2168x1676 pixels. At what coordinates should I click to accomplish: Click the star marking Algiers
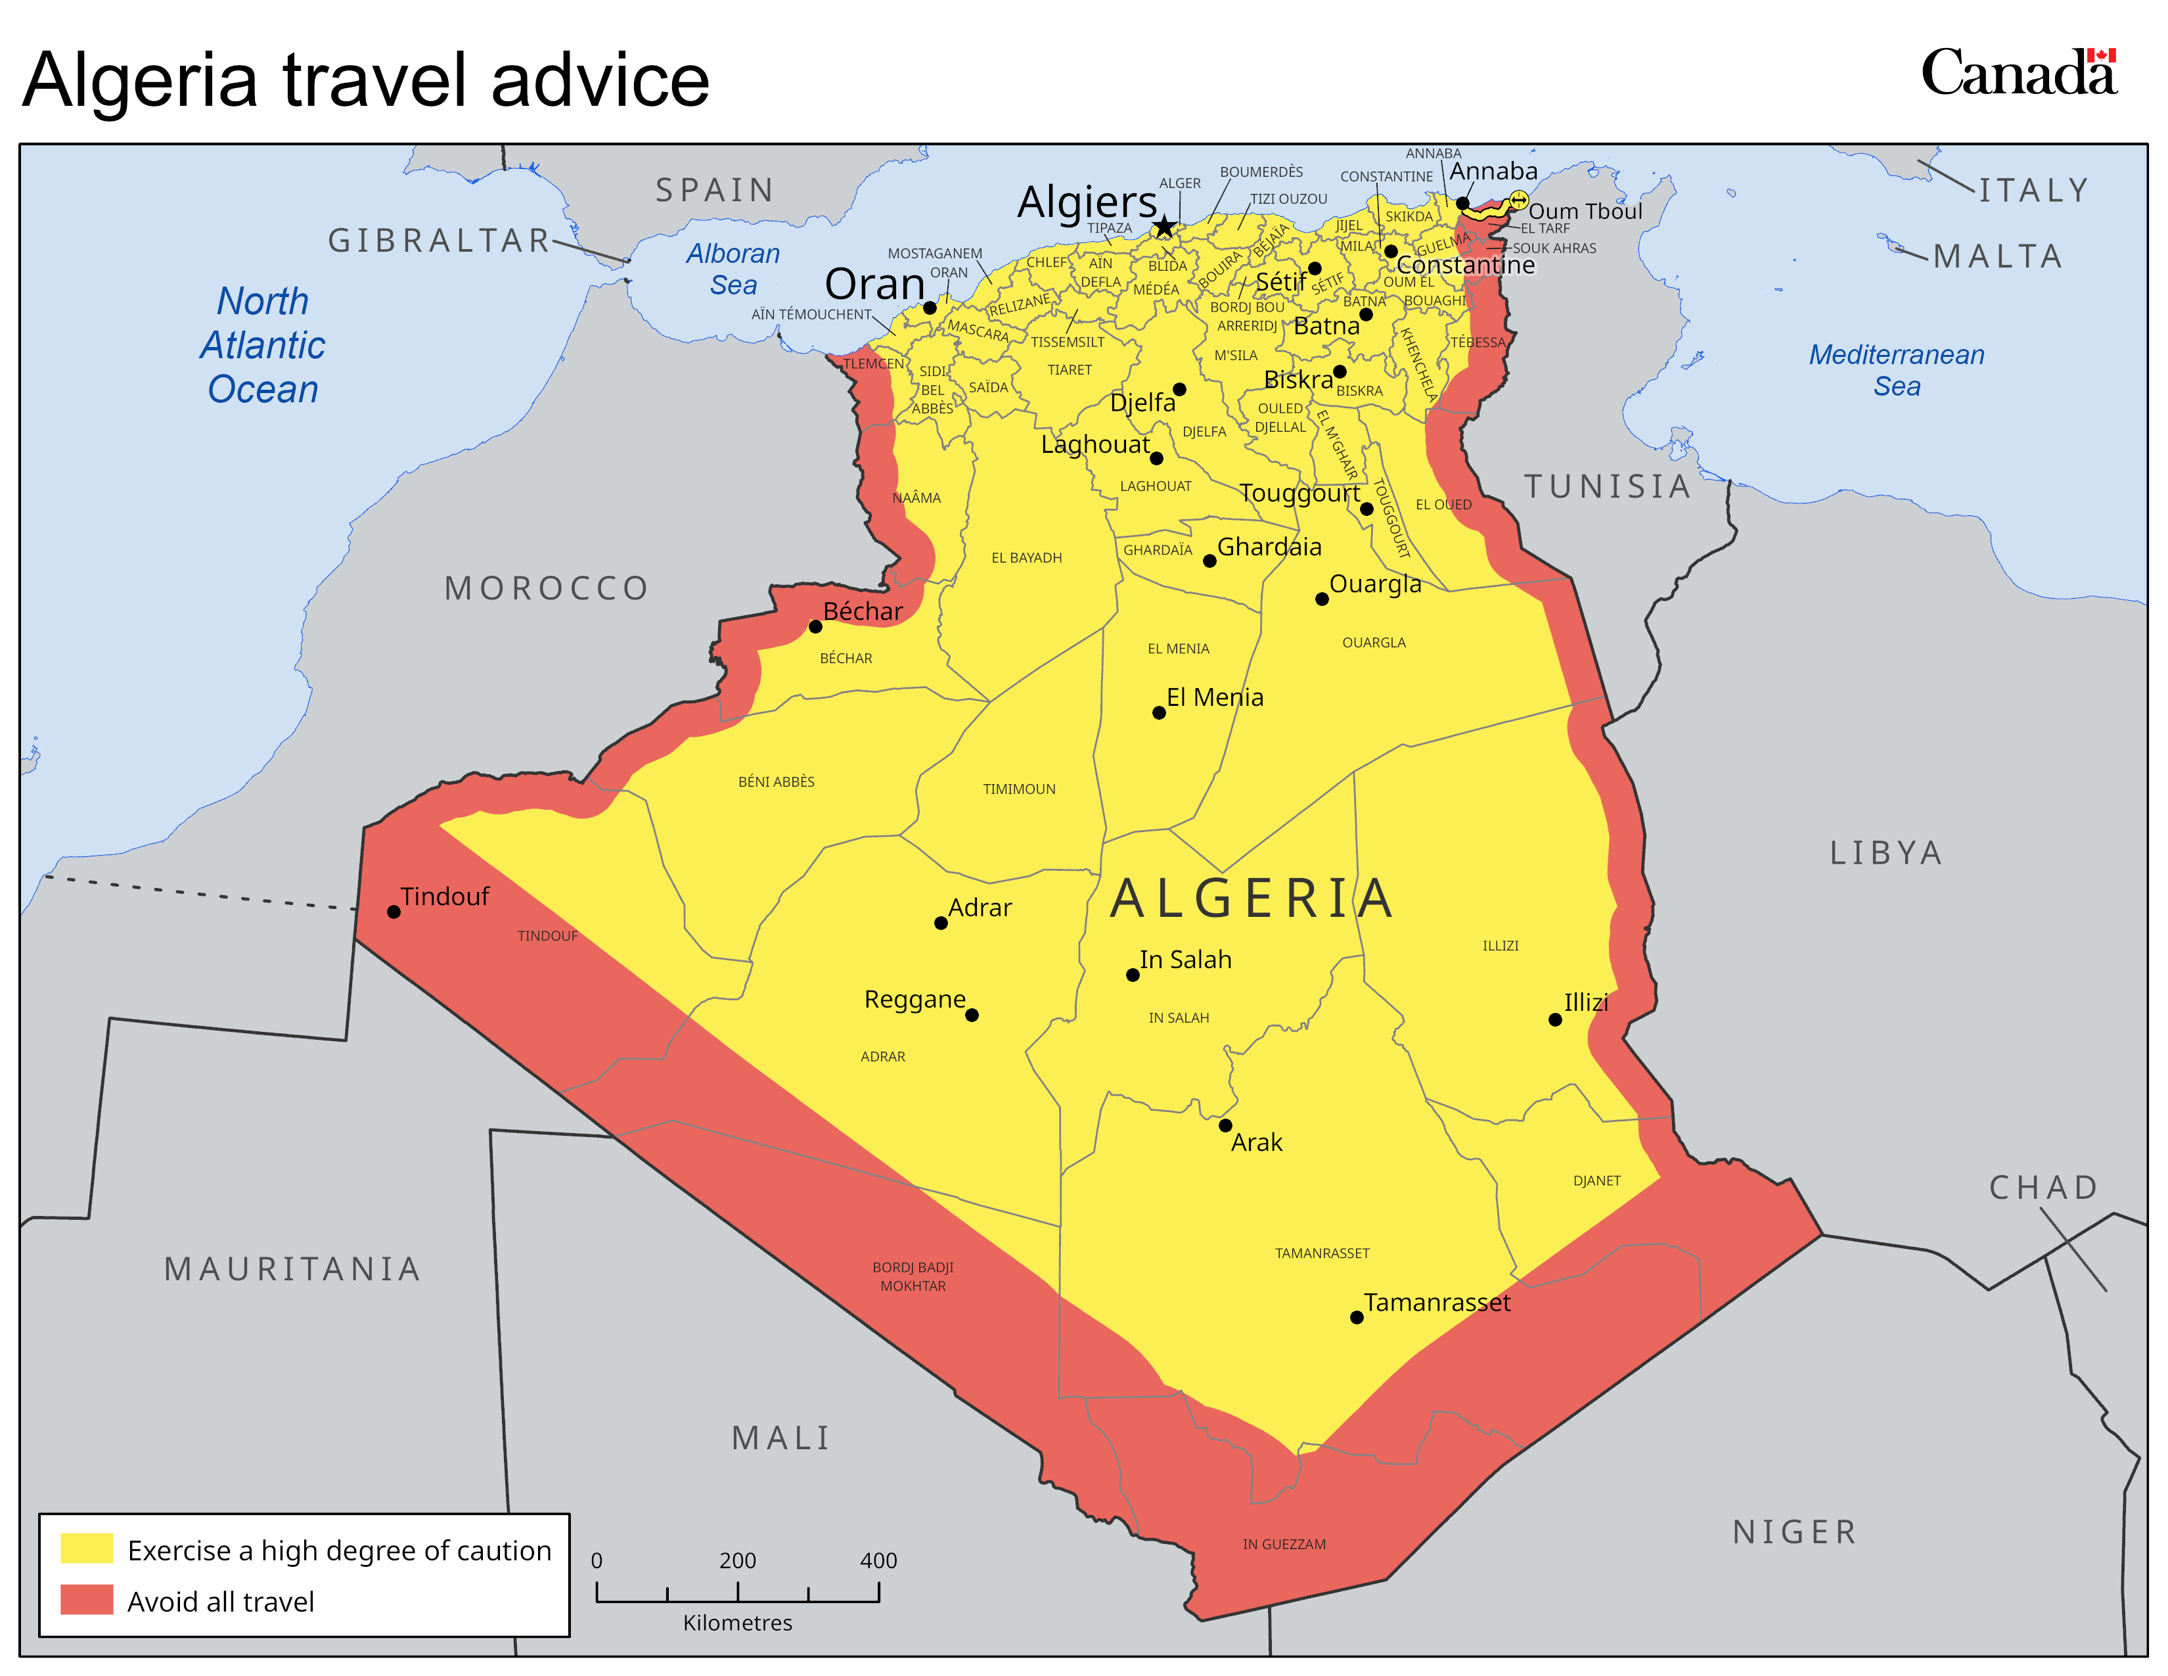(1164, 227)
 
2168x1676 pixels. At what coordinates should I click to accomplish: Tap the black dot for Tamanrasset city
(1356, 1318)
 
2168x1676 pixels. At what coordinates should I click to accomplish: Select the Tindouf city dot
(394, 912)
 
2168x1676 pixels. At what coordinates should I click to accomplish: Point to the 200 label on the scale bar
(738, 1560)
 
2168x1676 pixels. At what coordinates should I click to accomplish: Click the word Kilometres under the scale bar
(738, 1622)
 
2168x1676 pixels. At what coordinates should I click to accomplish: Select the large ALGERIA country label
(1252, 898)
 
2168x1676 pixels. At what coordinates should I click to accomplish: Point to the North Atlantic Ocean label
(263, 344)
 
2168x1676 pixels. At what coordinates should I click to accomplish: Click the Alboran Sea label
(734, 269)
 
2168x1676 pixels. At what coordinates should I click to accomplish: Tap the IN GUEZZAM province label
(1284, 1544)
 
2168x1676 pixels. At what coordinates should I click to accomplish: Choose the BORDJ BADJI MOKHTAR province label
(913, 1276)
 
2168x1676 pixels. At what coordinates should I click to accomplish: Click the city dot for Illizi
(1554, 1019)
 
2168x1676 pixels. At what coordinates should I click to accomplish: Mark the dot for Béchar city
(815, 626)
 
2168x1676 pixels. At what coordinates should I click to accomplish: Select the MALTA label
(1999, 256)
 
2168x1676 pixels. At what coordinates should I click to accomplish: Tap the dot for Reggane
(972, 1015)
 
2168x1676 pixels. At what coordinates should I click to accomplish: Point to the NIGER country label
(1794, 1532)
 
